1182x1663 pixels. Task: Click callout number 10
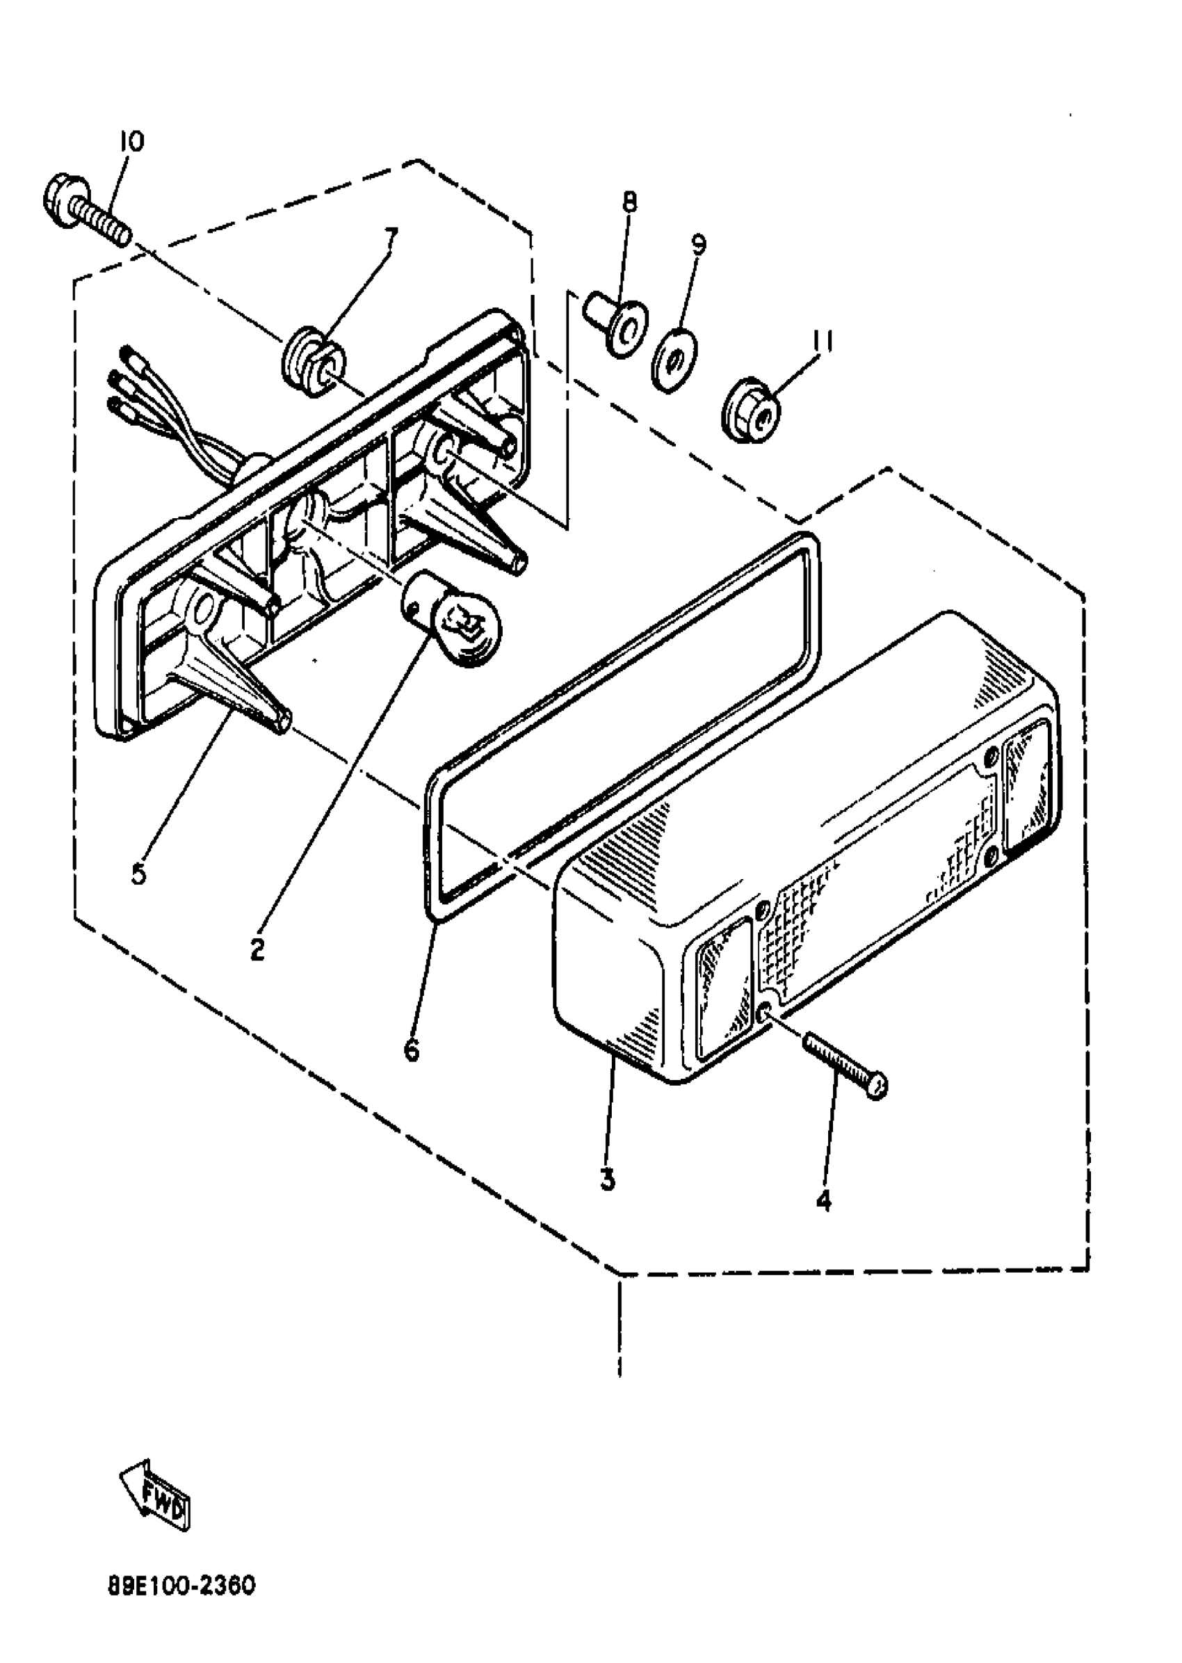(x=131, y=141)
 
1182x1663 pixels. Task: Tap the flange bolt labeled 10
(x=86, y=206)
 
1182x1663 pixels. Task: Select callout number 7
(x=391, y=236)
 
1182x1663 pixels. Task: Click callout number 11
(x=821, y=341)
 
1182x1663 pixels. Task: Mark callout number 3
(x=608, y=1178)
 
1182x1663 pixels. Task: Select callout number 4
(x=823, y=1200)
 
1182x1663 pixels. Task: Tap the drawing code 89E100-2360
(x=182, y=1586)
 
